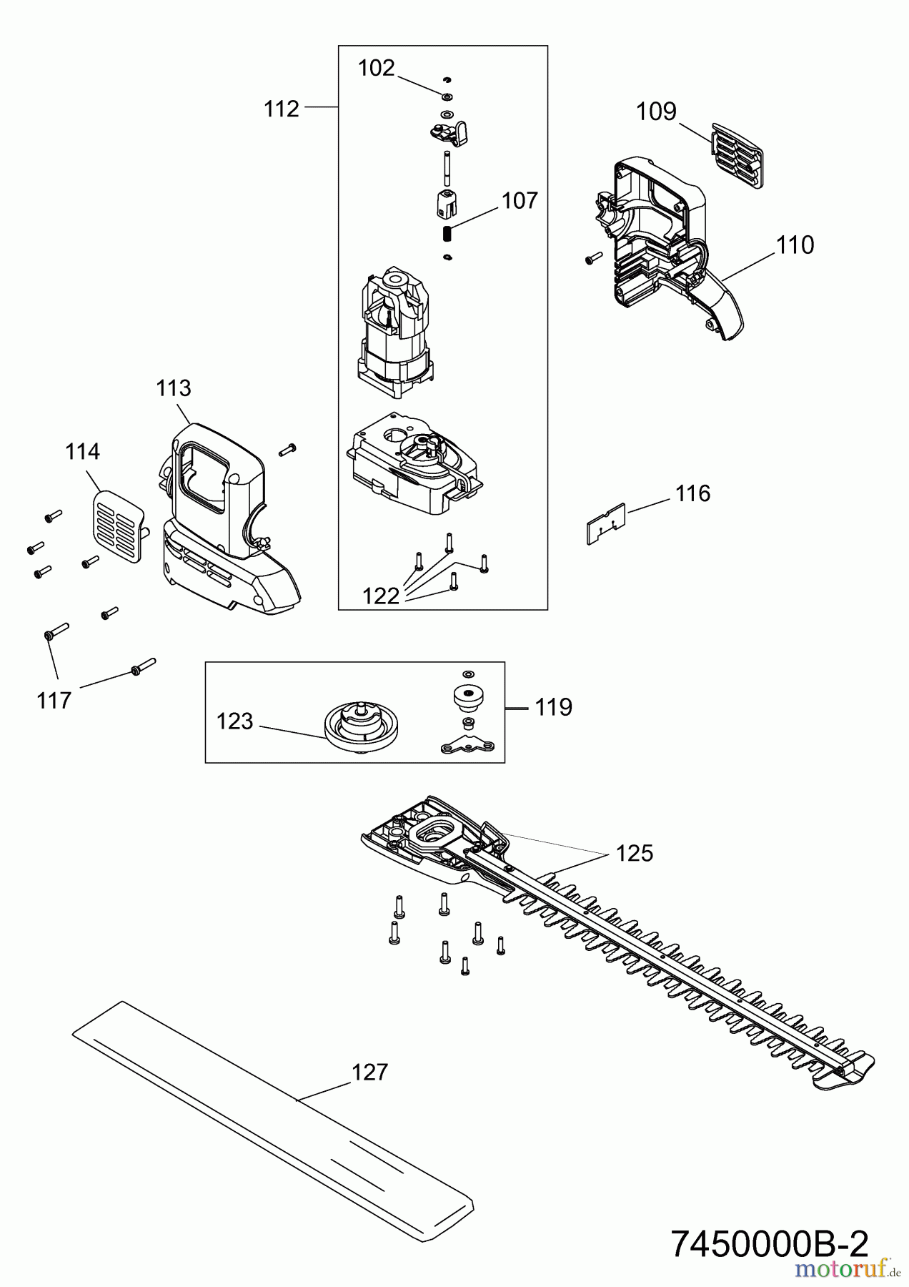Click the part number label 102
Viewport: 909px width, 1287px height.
point(376,68)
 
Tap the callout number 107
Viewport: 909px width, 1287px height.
point(520,201)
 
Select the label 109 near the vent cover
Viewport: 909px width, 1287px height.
point(656,112)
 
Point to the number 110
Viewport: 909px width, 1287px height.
point(795,245)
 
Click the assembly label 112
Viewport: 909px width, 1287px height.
point(281,109)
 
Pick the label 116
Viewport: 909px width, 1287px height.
point(692,493)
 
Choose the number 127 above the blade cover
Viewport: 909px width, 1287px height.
point(369,1072)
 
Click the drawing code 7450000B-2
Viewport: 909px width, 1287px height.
point(770,1245)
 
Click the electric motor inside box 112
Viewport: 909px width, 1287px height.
point(393,332)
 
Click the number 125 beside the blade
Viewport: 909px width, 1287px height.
point(635,854)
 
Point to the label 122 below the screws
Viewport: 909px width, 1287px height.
point(380,596)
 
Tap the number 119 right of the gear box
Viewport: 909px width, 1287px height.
point(553,707)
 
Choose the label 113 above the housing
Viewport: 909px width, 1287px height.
point(174,388)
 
